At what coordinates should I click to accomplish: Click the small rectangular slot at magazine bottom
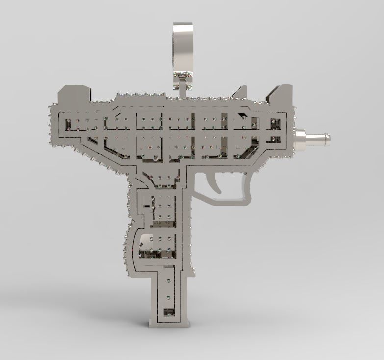(168, 311)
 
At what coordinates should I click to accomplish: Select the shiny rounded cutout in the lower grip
(146, 241)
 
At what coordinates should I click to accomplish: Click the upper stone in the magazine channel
(169, 282)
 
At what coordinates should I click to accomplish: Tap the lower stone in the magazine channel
(169, 297)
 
